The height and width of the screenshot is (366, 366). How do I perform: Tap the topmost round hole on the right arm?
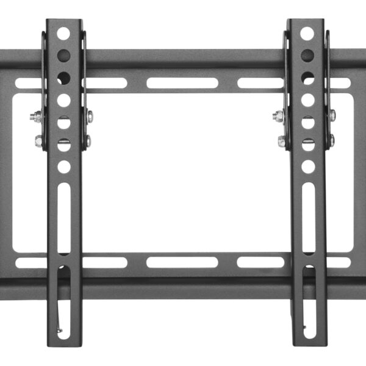pyautogui.click(x=307, y=33)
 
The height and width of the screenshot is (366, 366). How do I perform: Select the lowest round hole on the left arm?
pyautogui.click(x=63, y=166)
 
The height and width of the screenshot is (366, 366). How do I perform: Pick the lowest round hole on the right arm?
pyautogui.click(x=308, y=165)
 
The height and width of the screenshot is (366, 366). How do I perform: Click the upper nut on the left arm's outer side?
pyautogui.click(x=37, y=117)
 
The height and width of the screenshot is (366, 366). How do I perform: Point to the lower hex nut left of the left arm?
pyautogui.click(x=39, y=142)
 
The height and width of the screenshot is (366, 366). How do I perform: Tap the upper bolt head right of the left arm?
pyautogui.click(x=90, y=116)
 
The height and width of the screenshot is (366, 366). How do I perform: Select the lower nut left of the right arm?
pyautogui.click(x=282, y=142)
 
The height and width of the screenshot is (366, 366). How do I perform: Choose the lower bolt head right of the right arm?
pyautogui.click(x=331, y=140)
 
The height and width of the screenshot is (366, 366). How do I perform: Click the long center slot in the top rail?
pyautogui.click(x=182, y=83)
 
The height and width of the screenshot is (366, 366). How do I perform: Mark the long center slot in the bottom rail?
pyautogui.click(x=182, y=262)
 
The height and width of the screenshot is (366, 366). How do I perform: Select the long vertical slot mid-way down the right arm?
pyautogui.click(x=308, y=217)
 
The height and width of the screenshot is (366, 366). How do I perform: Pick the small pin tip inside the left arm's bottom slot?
pyautogui.click(x=59, y=332)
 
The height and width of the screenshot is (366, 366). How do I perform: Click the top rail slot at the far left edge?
pyautogui.click(x=28, y=83)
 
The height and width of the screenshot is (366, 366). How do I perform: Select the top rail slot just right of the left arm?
pyautogui.click(x=106, y=83)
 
